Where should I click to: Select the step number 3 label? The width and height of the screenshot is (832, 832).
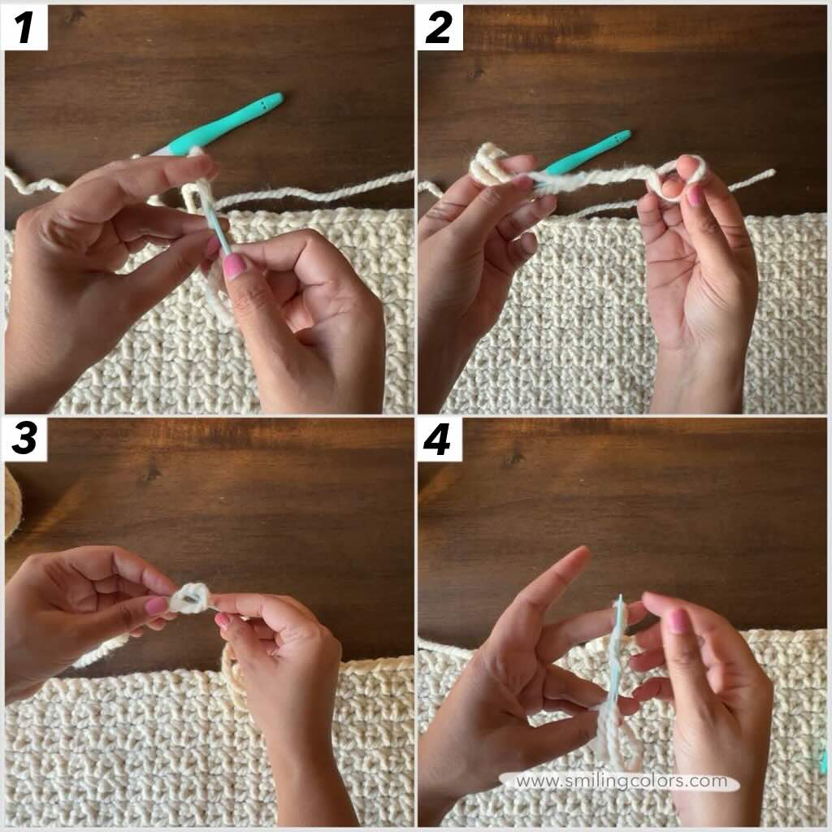tap(24, 439)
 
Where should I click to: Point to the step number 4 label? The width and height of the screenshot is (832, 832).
tap(440, 440)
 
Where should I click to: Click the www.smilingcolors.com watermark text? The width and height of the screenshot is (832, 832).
tap(621, 782)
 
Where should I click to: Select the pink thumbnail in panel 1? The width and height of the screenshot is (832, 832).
tap(235, 266)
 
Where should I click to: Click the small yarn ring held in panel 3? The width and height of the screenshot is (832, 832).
tap(191, 598)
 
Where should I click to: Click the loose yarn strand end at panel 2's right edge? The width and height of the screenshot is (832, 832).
tap(769, 172)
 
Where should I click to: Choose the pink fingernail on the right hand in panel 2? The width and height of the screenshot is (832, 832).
tap(695, 195)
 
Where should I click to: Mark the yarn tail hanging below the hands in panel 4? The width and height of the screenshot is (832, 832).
tap(609, 735)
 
